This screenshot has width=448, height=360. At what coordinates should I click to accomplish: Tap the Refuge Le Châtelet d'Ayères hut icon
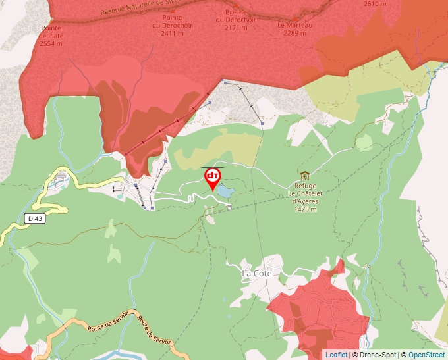304,176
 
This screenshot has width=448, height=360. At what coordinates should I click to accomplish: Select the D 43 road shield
36,219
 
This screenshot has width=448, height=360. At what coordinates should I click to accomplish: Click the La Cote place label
256,273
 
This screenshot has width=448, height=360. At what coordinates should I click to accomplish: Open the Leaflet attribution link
336,355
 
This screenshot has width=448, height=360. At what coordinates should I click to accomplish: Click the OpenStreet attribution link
426,355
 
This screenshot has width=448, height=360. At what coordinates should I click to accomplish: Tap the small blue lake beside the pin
225,192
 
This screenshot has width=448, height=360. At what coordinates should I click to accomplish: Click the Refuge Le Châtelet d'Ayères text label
304,194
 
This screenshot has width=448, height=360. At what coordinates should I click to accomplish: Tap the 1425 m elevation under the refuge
305,209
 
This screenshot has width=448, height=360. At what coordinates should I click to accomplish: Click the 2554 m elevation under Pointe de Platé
51,43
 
